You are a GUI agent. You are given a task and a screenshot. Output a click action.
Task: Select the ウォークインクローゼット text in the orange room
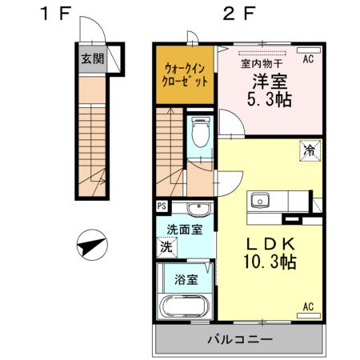pos(186,74)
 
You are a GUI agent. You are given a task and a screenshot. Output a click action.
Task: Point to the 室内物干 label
pos(261,63)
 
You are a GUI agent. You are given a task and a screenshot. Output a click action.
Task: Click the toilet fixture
pos(200,132)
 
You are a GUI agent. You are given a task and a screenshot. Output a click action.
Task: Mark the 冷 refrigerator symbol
pos(307,149)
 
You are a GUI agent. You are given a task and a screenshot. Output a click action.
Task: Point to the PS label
pos(162,206)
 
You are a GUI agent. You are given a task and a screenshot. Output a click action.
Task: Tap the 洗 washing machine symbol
pos(166,247)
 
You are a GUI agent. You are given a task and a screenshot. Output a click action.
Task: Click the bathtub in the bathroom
pos(185,307)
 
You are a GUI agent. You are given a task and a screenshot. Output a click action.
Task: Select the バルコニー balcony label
pos(240,339)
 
